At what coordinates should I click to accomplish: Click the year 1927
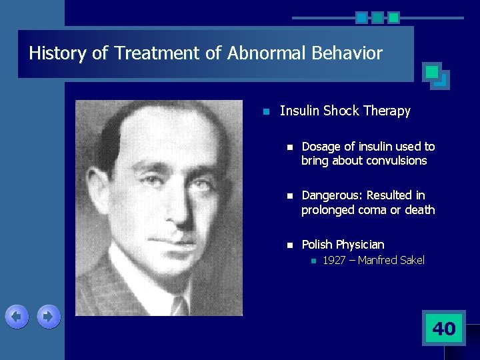point(334,261)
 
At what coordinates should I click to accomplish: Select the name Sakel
point(411,261)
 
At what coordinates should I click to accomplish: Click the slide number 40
point(444,328)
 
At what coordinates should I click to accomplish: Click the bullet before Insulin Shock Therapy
point(265,111)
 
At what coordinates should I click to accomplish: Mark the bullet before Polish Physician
point(288,245)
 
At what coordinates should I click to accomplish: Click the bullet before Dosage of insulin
point(288,147)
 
